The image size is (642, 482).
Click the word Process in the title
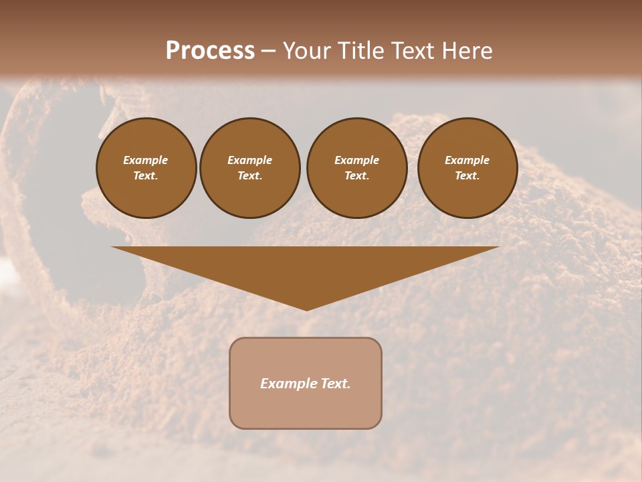210,51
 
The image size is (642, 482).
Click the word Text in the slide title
413,51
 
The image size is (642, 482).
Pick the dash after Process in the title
268,52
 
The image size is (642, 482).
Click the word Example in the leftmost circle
146,160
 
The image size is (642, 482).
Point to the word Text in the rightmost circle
466,175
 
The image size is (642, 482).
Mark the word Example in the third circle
356,160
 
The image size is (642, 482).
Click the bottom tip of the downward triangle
306,309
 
